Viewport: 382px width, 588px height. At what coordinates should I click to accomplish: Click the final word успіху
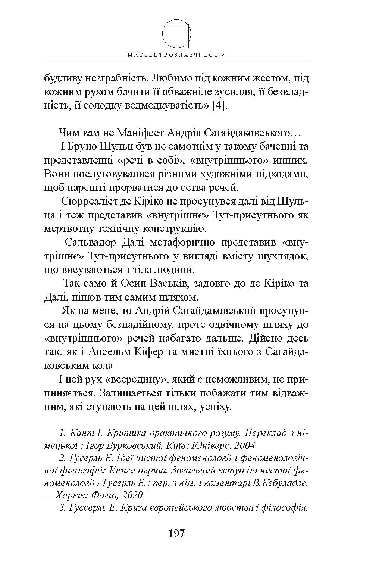coord(216,407)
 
